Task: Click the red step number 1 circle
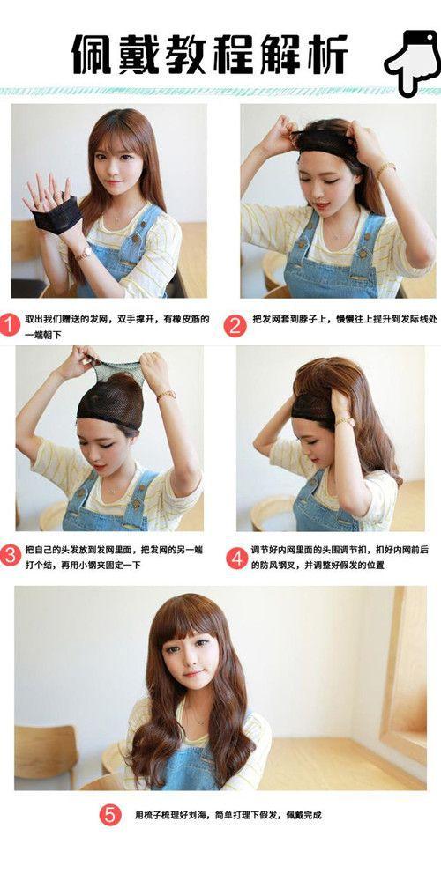10,325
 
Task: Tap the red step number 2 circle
235,325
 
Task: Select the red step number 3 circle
10,554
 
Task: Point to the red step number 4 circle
236,558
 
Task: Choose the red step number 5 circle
110,815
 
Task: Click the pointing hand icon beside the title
413,60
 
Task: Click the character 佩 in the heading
92,54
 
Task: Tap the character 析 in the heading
327,54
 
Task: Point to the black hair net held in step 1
56,215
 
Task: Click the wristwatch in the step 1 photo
85,254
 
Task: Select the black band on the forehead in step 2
327,143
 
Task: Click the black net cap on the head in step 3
111,400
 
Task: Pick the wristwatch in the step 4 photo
344,421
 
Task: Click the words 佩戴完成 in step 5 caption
303,815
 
